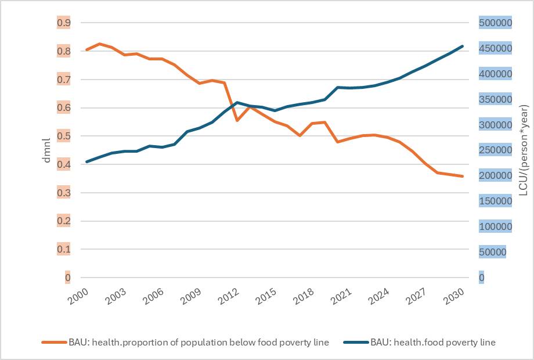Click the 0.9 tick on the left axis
tap(63, 23)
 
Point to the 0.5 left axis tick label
tap(63, 136)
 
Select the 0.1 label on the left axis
tap(63, 249)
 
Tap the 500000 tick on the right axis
tap(495, 23)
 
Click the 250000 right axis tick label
tap(495, 150)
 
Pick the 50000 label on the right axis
tap(493, 252)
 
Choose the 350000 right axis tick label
tap(495, 99)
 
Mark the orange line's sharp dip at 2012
tap(237, 120)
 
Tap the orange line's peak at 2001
tap(99, 44)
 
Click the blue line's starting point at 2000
tap(86, 161)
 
